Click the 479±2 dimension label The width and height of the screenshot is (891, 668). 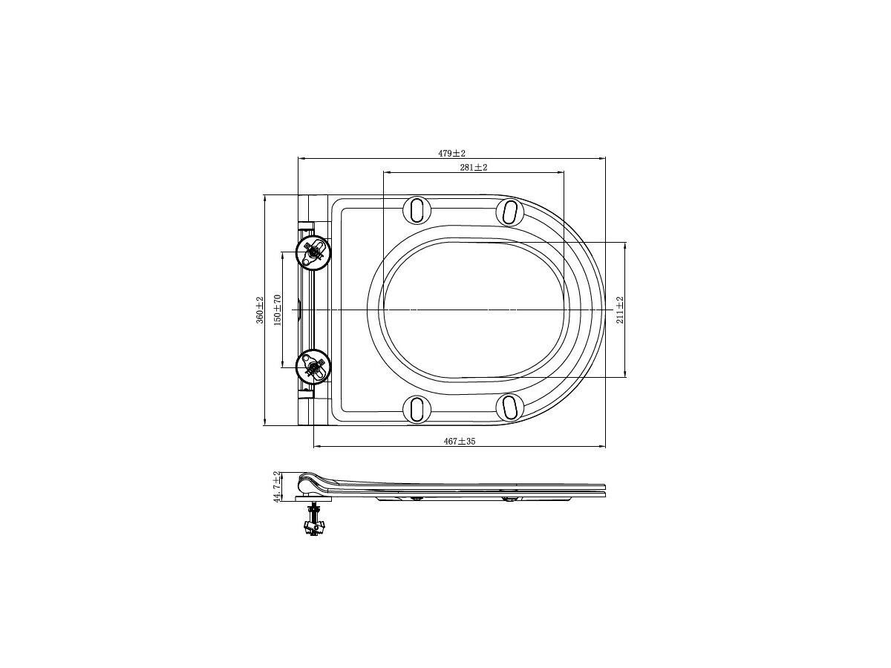tap(451, 153)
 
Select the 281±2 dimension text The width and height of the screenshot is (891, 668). tap(473, 168)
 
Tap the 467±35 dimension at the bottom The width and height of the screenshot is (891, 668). tap(459, 441)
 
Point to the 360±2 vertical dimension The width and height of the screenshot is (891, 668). tap(260, 310)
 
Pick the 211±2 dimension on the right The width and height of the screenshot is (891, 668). tap(620, 310)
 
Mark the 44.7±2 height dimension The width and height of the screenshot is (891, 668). tap(277, 487)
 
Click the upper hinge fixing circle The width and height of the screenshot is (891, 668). tap(313, 253)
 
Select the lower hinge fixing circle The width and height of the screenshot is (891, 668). tap(313, 366)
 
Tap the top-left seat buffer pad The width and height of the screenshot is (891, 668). tap(417, 210)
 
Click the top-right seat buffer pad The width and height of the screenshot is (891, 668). tap(510, 212)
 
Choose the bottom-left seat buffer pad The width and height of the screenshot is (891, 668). tap(417, 409)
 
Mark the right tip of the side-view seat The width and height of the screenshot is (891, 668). tap(604, 492)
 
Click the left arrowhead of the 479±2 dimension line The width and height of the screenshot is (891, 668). tap(300, 158)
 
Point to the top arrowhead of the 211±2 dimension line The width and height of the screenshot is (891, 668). tap(625, 245)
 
